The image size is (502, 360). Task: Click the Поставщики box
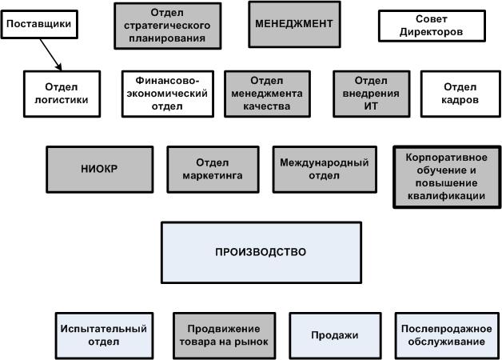(x=39, y=24)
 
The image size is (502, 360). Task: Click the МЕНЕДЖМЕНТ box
(x=293, y=24)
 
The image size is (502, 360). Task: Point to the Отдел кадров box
(x=460, y=94)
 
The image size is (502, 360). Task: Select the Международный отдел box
(x=324, y=169)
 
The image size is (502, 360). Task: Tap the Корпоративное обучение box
(x=441, y=176)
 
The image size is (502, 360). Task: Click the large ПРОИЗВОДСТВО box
(x=261, y=252)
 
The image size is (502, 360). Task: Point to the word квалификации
(x=441, y=194)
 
